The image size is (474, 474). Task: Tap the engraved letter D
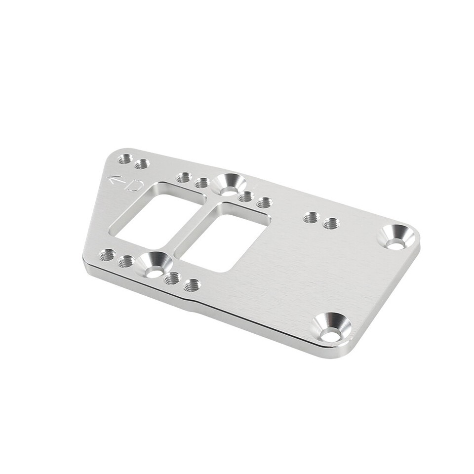tap(134, 186)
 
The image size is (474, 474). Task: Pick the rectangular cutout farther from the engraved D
tap(222, 238)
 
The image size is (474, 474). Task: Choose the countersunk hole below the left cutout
tap(155, 266)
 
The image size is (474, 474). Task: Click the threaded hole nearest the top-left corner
tap(125, 159)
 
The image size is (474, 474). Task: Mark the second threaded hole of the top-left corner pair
tap(142, 164)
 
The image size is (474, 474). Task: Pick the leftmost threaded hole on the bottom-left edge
tap(107, 255)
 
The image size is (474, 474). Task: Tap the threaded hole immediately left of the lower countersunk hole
tap(126, 261)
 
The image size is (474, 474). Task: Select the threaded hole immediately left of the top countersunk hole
tap(201, 183)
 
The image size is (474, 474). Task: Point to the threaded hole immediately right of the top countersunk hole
tap(246, 197)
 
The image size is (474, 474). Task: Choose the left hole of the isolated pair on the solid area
tap(312, 217)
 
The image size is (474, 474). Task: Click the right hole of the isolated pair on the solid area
tap(331, 224)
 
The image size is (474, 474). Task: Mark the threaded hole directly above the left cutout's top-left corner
tap(184, 177)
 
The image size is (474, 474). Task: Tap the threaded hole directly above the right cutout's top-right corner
tap(265, 202)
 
